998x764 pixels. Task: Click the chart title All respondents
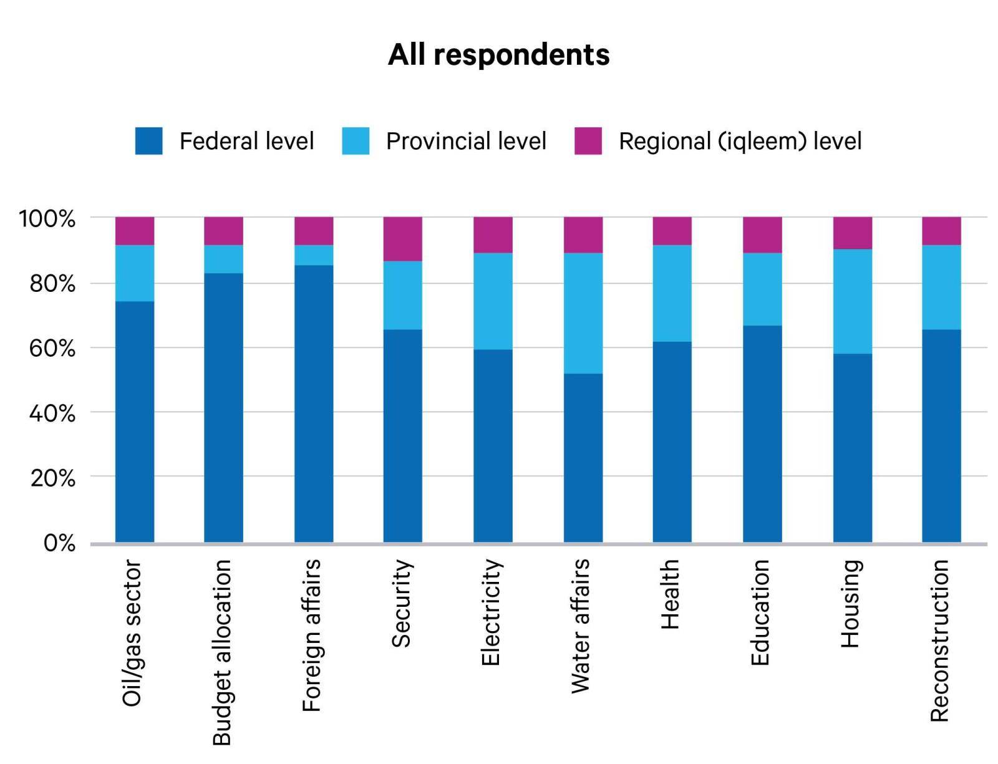498,55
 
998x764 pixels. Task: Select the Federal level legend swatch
148,141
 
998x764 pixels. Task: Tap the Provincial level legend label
466,141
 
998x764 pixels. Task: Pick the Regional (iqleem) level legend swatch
588,141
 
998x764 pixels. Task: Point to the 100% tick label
47,219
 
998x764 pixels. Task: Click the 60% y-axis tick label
52,348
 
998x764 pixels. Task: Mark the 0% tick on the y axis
59,543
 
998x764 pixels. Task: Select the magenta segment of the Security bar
402,239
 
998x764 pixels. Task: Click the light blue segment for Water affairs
583,313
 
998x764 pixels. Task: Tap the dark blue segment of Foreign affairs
314,403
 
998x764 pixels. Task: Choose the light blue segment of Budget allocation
223,259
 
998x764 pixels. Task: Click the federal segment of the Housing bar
852,447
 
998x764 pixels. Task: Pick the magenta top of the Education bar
762,235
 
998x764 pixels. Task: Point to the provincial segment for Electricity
493,301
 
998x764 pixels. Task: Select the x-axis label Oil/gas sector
132,632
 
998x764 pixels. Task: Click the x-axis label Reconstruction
939,641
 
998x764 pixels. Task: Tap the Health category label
669,594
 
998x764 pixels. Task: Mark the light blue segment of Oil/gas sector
135,273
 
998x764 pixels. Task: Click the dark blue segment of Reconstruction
941,435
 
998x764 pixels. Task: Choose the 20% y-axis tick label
52,478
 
